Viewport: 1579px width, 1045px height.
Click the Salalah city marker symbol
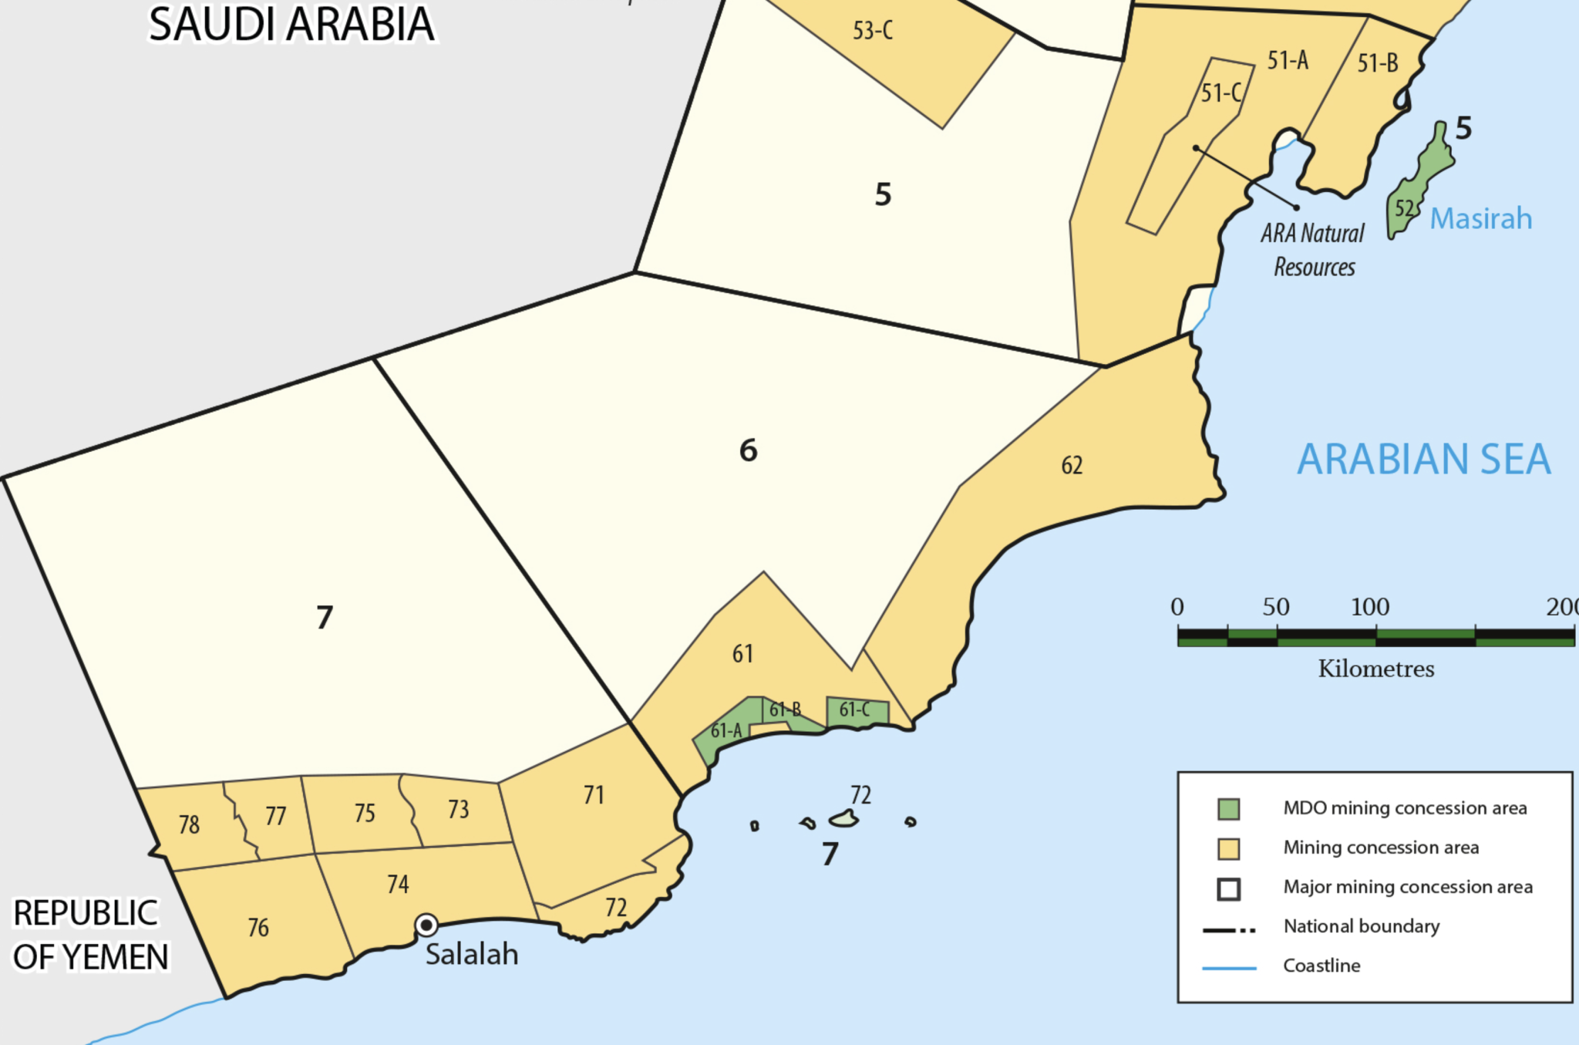click(426, 925)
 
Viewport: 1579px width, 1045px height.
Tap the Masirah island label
click(1480, 219)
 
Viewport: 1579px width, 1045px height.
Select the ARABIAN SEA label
click(1423, 460)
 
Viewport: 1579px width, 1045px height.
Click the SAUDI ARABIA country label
click(291, 25)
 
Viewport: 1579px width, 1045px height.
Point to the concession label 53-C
click(873, 31)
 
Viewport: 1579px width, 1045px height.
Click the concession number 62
click(1072, 465)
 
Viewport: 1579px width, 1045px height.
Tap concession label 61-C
click(854, 710)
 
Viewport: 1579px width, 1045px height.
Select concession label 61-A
click(726, 730)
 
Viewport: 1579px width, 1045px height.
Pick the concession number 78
click(189, 825)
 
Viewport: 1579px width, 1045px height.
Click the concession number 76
click(258, 927)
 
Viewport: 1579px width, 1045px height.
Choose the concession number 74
click(398, 884)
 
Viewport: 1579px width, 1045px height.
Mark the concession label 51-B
click(1378, 63)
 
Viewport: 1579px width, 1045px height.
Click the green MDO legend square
click(1228, 809)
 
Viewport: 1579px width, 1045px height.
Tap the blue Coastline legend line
click(1229, 967)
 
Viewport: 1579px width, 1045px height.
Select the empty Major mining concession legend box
click(1228, 889)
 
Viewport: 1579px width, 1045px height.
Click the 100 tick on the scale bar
click(1370, 608)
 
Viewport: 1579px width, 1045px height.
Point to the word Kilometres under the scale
click(1376, 669)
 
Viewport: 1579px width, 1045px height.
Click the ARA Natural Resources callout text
click(1313, 250)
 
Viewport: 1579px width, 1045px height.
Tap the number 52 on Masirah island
click(1404, 208)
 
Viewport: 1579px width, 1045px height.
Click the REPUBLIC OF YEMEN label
click(89, 935)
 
